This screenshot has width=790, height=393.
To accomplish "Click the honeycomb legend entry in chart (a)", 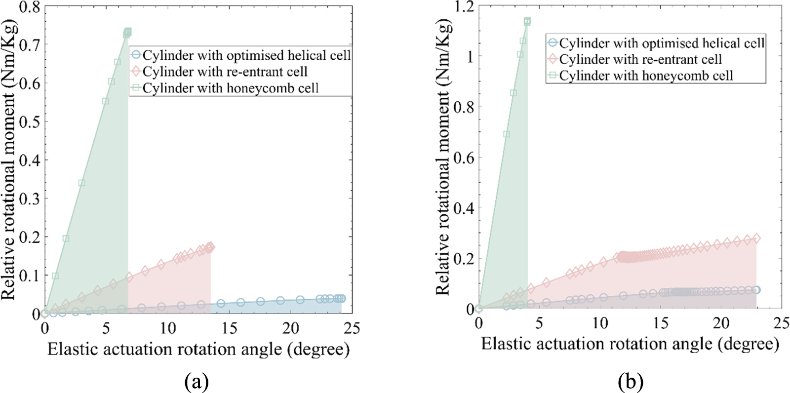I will click(x=230, y=88).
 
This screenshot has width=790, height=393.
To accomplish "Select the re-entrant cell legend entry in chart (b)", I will click(x=640, y=60).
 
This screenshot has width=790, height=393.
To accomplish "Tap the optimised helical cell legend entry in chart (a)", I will click(x=246, y=55).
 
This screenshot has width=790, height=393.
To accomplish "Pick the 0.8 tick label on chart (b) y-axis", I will click(x=464, y=107).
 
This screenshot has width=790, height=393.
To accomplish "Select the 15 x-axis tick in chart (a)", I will click(x=229, y=328).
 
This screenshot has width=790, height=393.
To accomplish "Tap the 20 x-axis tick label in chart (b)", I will click(x=721, y=323).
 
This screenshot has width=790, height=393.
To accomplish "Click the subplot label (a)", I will click(x=197, y=381).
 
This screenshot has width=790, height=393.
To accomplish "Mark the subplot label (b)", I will click(x=630, y=381).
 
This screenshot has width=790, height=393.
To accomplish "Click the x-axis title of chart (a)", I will click(x=198, y=350).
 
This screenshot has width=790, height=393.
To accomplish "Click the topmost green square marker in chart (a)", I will click(x=127, y=32).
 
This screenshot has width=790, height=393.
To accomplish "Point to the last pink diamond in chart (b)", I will click(x=756, y=238).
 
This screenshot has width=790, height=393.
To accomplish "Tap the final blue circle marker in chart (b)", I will click(x=756, y=290).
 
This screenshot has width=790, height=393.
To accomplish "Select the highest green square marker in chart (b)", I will click(x=527, y=21).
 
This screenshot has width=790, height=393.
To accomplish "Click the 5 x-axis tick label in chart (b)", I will click(x=539, y=323).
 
